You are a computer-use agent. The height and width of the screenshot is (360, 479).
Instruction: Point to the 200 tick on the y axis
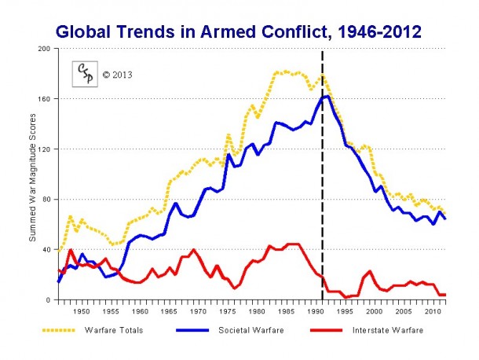click(45, 49)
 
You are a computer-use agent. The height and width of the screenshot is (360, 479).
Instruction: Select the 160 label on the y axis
click(45, 99)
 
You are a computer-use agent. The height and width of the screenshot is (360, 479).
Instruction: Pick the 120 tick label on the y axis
click(45, 149)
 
